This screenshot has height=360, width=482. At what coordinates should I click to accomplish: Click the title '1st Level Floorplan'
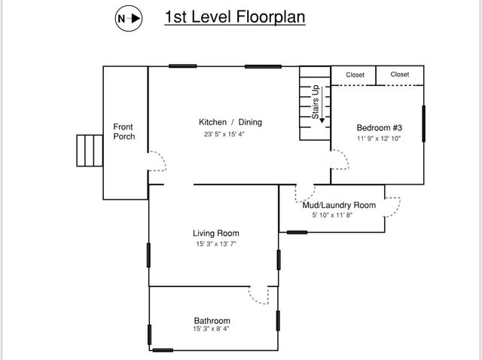[x=234, y=17]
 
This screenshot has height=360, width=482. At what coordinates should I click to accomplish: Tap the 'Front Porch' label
[x=124, y=132]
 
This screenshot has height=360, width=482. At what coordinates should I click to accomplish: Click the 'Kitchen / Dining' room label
[x=230, y=122]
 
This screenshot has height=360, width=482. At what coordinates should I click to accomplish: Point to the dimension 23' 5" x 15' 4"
[x=224, y=135]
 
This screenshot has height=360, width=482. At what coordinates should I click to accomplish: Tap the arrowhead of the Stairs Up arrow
[x=322, y=119]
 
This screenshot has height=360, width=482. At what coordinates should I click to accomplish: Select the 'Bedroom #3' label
[x=379, y=127]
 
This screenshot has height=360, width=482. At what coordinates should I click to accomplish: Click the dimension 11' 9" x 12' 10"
[x=379, y=139]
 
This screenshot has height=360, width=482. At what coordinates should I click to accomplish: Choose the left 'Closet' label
[x=355, y=75]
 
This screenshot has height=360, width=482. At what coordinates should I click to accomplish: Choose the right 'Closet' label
[x=400, y=75]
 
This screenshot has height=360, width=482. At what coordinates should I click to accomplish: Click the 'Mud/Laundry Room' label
[x=339, y=205]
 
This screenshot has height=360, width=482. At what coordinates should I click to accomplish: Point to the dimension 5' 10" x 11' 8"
[x=332, y=215]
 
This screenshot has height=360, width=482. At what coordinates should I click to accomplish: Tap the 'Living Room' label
[x=216, y=233]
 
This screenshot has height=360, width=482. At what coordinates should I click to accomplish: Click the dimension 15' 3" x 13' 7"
[x=216, y=244]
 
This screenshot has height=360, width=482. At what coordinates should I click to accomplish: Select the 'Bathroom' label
[x=212, y=321]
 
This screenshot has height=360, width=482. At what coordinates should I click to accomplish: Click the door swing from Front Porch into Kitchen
[x=157, y=160]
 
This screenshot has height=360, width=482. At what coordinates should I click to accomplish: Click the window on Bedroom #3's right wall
[x=424, y=124]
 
